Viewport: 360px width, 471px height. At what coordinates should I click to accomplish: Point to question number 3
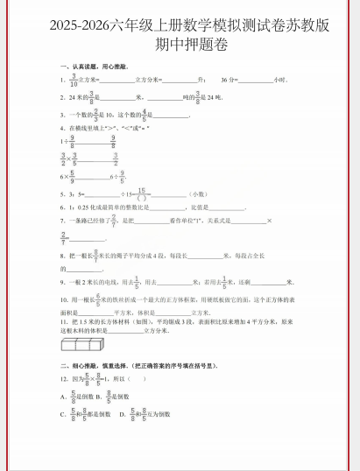(61, 114)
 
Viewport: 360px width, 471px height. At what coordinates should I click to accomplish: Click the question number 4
(61, 128)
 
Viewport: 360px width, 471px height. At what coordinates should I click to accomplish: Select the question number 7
(61, 221)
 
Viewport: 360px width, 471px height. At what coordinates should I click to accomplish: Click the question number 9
(61, 283)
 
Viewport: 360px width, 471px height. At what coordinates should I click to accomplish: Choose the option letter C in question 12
(61, 412)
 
